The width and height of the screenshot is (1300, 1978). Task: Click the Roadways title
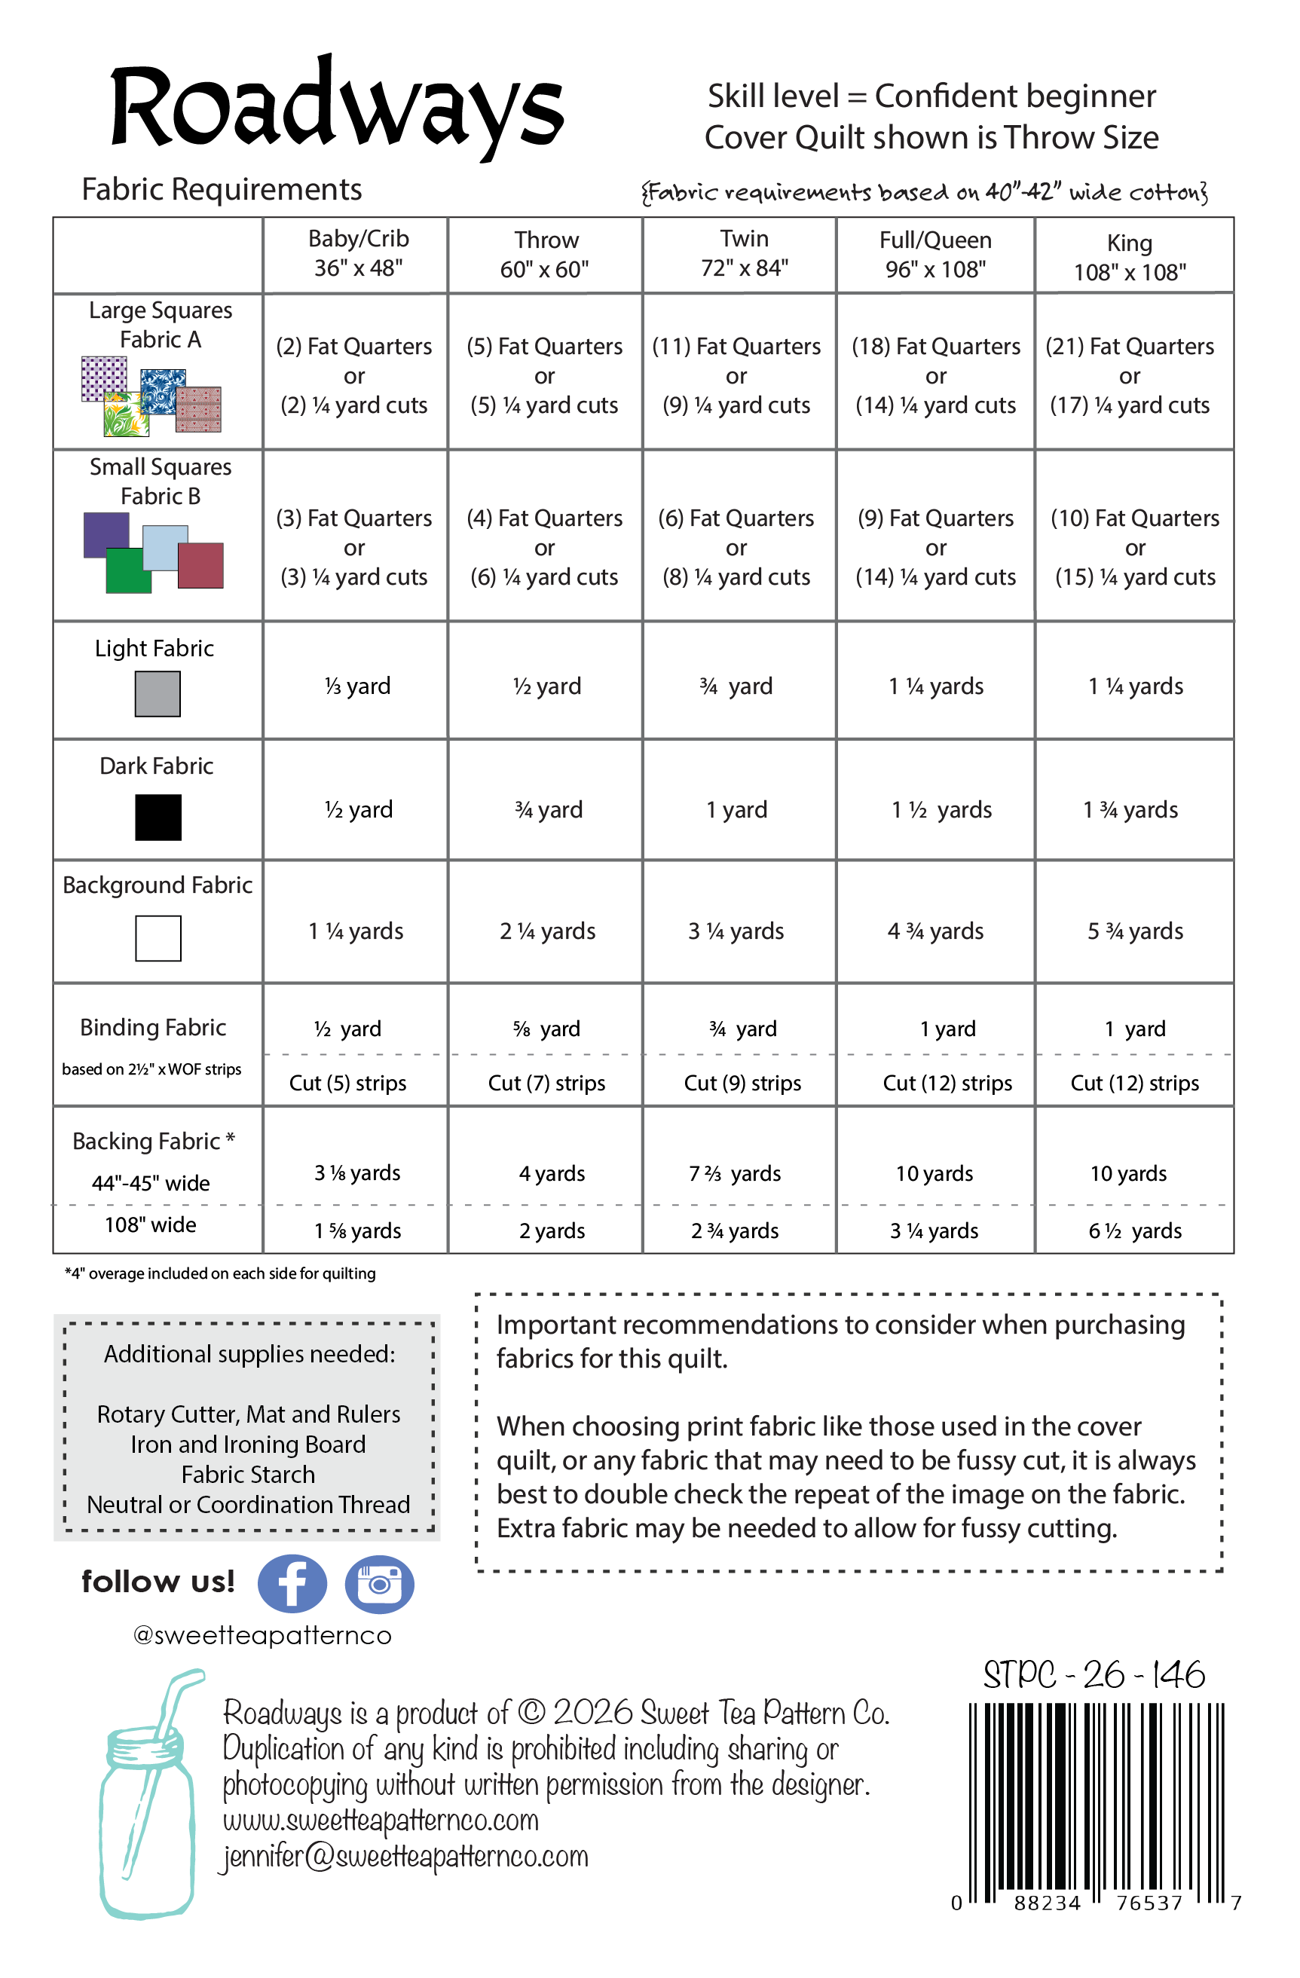(x=337, y=108)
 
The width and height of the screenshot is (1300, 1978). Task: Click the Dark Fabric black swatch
(x=158, y=817)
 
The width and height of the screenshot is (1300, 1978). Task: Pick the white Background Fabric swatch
(x=158, y=938)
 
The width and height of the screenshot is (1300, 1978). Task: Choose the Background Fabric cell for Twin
(x=736, y=931)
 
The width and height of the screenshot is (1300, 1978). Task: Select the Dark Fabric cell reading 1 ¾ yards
(x=1130, y=809)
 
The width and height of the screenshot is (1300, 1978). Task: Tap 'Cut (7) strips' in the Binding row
(x=546, y=1083)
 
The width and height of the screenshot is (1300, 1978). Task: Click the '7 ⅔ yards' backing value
(x=735, y=1173)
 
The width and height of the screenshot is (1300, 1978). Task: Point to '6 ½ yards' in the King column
(x=1135, y=1231)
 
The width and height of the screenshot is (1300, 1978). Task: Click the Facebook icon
(x=292, y=1584)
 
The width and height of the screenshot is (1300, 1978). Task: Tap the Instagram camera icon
(x=379, y=1584)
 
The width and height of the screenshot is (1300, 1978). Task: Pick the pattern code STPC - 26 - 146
(x=1094, y=1674)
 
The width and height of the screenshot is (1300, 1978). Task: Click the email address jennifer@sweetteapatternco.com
(x=405, y=1857)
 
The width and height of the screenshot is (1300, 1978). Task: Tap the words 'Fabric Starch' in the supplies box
(x=248, y=1475)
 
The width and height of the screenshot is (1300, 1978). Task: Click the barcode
(x=1096, y=1803)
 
